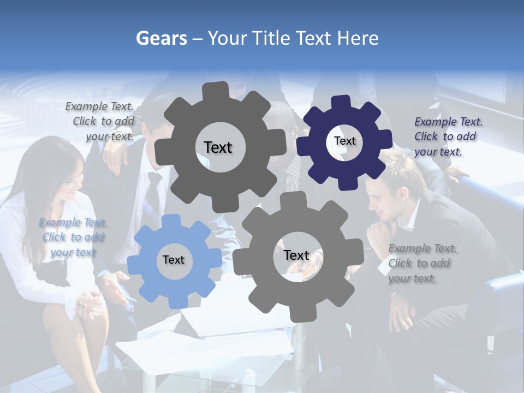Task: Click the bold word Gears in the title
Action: [x=161, y=38]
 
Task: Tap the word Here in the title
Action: [x=358, y=38]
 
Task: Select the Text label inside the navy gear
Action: [x=344, y=141]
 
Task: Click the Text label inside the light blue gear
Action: [x=174, y=260]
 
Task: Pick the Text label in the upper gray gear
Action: [x=218, y=147]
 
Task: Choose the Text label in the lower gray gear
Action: [x=296, y=255]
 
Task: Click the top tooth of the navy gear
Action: [x=341, y=102]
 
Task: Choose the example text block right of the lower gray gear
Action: [x=421, y=263]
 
